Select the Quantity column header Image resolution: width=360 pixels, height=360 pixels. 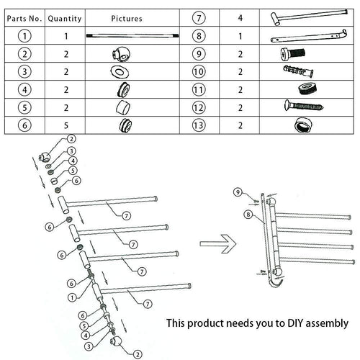(x=65, y=18)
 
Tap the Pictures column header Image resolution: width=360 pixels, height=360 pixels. (x=127, y=18)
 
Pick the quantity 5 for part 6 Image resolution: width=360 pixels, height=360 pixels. (x=65, y=125)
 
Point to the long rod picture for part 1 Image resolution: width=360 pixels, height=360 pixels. (x=127, y=35)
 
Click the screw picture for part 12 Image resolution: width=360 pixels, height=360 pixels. (x=305, y=107)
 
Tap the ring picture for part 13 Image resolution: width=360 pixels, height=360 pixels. (x=305, y=125)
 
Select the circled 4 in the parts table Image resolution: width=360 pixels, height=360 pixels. (x=26, y=89)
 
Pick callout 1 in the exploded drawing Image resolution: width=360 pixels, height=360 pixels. (x=72, y=297)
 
